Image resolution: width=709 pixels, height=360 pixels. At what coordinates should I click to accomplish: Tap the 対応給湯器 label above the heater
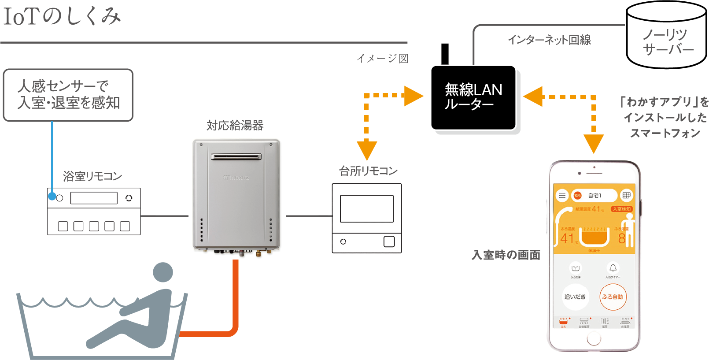pyautogui.click(x=235, y=126)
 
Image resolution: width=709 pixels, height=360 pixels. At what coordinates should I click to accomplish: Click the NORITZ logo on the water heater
pyautogui.click(x=236, y=178)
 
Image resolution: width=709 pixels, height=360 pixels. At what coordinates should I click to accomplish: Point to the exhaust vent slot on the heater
pyautogui.click(x=236, y=156)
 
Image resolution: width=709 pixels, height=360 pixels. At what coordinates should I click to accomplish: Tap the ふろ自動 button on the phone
pyautogui.click(x=613, y=297)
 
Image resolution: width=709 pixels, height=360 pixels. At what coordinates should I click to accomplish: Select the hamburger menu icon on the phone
pyautogui.click(x=562, y=196)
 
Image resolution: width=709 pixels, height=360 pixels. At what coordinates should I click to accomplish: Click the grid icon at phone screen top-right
pyautogui.click(x=626, y=195)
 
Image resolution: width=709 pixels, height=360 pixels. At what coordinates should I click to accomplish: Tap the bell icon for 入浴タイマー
pyautogui.click(x=613, y=268)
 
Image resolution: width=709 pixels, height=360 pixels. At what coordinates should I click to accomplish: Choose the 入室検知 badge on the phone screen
pyautogui.click(x=621, y=209)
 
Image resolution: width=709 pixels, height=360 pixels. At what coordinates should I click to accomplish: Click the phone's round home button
pyautogui.click(x=594, y=338)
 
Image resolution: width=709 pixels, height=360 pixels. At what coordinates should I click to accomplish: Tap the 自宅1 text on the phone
pyautogui.click(x=595, y=196)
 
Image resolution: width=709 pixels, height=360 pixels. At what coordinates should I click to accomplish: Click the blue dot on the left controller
pyautogui.click(x=52, y=197)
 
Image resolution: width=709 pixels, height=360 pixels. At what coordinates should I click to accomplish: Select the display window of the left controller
pyautogui.click(x=94, y=198)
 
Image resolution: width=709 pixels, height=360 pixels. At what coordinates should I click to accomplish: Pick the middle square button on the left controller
pyautogui.click(x=94, y=226)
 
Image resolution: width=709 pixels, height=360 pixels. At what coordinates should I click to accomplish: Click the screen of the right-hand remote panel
pyautogui.click(x=366, y=208)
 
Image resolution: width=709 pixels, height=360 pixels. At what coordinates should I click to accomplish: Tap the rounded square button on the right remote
pyautogui.click(x=389, y=241)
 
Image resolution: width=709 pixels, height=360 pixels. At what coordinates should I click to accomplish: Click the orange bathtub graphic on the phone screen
pyautogui.click(x=594, y=237)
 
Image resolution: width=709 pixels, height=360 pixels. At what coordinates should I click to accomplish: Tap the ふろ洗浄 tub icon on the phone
pyautogui.click(x=575, y=268)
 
